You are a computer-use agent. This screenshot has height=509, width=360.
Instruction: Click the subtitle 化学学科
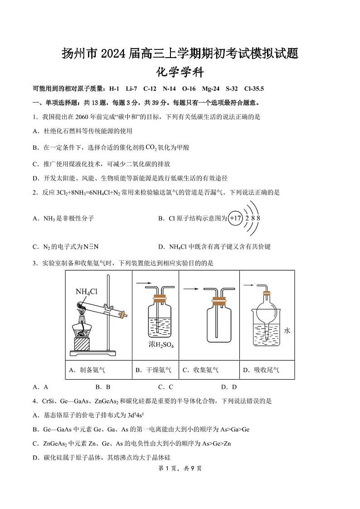click(x=180, y=73)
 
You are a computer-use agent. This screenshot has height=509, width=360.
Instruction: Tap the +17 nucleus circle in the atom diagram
click(x=235, y=218)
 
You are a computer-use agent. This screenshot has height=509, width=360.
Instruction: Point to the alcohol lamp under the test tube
click(x=84, y=327)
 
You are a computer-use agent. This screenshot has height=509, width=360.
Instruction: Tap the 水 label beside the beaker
click(x=287, y=331)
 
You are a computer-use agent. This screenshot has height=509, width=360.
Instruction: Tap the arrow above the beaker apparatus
click(x=248, y=285)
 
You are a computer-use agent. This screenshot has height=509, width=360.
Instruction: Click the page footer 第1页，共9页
click(x=180, y=469)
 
